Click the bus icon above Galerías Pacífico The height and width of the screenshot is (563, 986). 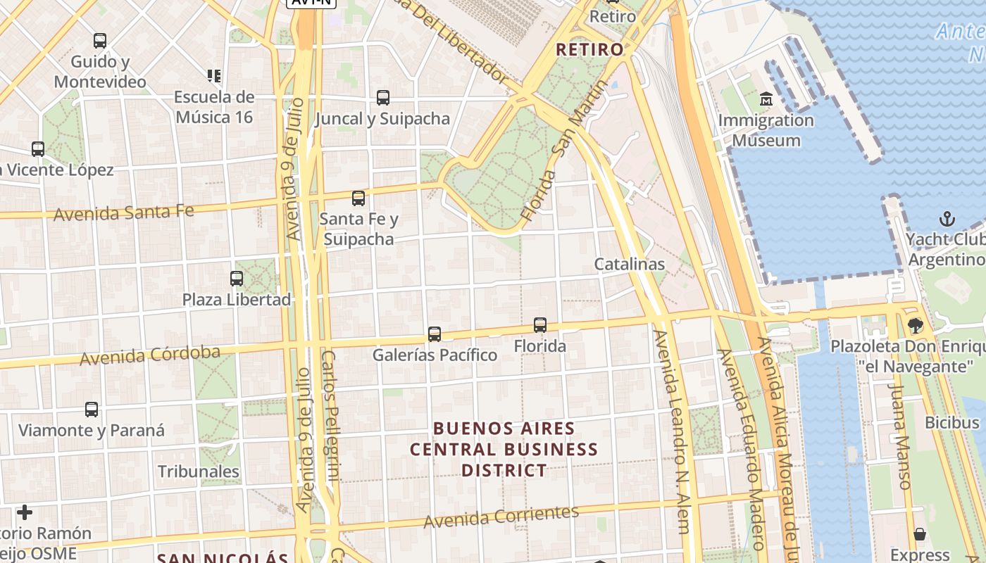(x=435, y=334)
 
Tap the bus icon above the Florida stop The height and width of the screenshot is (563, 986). (x=540, y=325)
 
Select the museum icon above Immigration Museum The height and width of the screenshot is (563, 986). (x=766, y=99)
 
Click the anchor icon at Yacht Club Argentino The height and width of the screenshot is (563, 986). (x=947, y=219)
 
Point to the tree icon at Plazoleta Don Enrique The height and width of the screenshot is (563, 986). (x=915, y=326)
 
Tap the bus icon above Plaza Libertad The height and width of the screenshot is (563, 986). (x=237, y=279)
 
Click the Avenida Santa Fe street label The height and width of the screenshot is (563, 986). (x=124, y=212)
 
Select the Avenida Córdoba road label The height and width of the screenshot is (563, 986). (x=149, y=355)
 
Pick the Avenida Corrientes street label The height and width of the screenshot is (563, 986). (x=501, y=517)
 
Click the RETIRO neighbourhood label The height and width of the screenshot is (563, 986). (x=589, y=49)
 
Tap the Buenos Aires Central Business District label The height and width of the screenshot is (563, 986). (x=504, y=449)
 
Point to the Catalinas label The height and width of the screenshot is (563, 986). (x=629, y=264)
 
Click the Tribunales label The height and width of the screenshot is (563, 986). (x=199, y=471)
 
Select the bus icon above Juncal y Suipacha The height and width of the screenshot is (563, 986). (x=383, y=98)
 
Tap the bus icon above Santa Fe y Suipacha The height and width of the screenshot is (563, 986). (x=358, y=198)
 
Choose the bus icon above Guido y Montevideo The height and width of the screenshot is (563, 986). (x=100, y=41)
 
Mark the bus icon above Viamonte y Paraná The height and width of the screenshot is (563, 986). (x=92, y=410)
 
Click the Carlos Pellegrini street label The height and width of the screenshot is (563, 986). (x=331, y=415)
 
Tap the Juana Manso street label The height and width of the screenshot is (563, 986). (x=899, y=436)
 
